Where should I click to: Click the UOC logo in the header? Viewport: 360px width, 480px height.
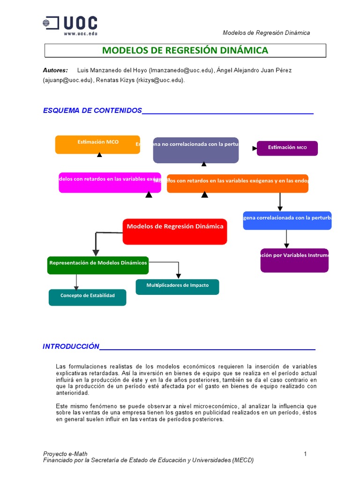70,23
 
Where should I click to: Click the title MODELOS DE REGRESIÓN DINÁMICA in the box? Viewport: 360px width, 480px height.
185,50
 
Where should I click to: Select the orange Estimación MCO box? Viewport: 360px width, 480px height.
97,144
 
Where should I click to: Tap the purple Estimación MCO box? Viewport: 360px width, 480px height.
287,148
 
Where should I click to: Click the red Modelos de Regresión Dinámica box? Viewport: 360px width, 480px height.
175,231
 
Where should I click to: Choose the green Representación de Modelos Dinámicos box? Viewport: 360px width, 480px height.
98,265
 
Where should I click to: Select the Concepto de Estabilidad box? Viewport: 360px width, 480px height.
87,297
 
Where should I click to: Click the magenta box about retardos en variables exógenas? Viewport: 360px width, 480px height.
110,182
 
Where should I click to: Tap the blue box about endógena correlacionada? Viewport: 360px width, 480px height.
287,220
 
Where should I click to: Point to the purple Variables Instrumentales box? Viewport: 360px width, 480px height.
294,260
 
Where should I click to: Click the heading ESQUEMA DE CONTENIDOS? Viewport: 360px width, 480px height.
92,111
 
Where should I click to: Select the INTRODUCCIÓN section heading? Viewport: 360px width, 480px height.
71,346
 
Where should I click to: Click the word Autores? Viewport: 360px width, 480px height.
55,70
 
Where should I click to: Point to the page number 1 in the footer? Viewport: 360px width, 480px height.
305,454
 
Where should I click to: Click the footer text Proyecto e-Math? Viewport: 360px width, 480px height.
65,454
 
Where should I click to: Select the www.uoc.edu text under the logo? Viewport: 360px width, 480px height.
81,34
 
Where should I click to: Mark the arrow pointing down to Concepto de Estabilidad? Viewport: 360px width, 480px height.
76,286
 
